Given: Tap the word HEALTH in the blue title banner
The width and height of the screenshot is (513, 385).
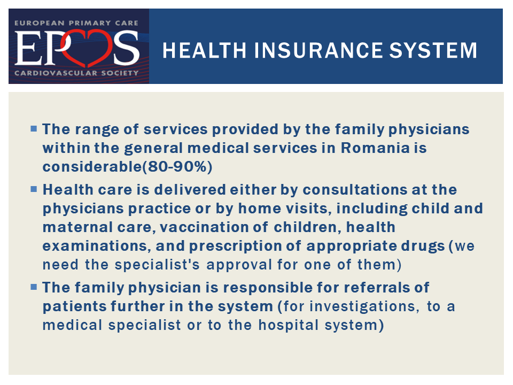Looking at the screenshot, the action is pyautogui.click(x=204, y=50).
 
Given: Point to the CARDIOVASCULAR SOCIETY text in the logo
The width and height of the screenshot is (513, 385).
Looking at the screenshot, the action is pyautogui.click(x=76, y=73).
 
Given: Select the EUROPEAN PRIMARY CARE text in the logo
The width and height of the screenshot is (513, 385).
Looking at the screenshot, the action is pyautogui.click(x=76, y=23).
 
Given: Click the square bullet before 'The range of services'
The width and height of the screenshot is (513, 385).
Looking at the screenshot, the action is pyautogui.click(x=33, y=128).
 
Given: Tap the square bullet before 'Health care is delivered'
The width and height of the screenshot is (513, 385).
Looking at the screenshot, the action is pyautogui.click(x=33, y=189).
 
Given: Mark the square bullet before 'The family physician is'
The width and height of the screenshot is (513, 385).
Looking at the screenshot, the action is pyautogui.click(x=33, y=287).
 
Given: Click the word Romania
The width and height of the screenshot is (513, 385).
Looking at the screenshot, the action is pyautogui.click(x=375, y=148).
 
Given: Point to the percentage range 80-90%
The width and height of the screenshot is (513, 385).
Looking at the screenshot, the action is pyautogui.click(x=177, y=167).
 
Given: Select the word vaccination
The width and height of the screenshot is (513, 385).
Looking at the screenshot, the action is pyautogui.click(x=213, y=227).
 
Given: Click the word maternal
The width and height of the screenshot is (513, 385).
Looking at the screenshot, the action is pyautogui.click(x=78, y=227).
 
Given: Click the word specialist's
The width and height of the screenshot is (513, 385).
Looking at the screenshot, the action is pyautogui.click(x=157, y=265).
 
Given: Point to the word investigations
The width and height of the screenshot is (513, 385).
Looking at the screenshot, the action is pyautogui.click(x=364, y=306).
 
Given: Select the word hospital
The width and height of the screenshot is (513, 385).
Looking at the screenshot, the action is pyautogui.click(x=289, y=325).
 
